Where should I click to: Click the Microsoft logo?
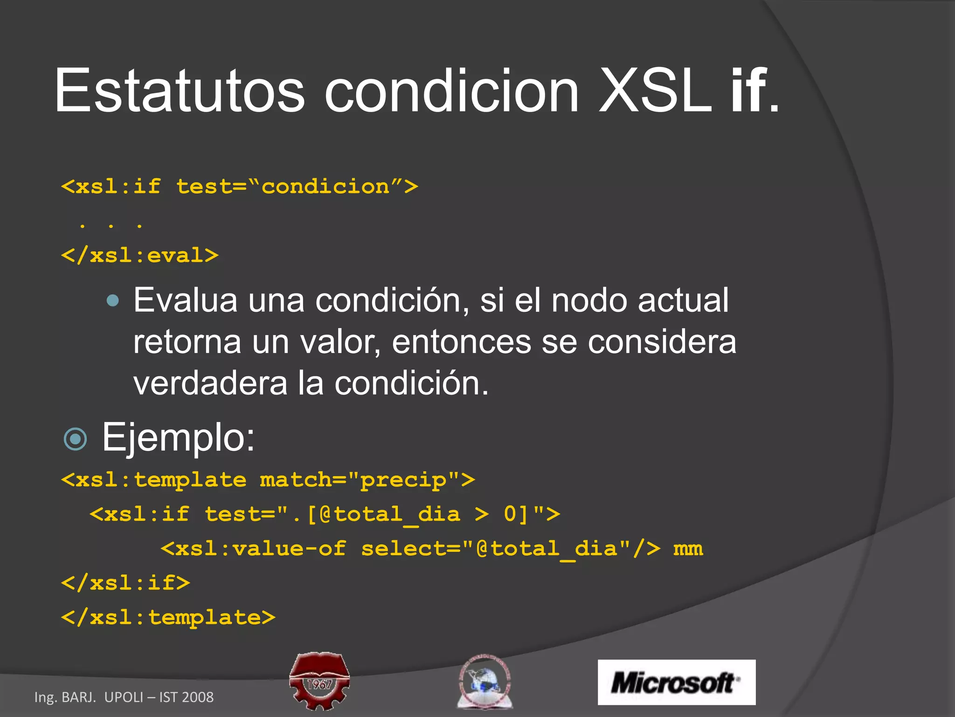676,682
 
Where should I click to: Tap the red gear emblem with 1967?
319,681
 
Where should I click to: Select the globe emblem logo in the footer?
484,682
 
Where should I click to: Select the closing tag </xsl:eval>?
140,255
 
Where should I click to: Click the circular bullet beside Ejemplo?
75,439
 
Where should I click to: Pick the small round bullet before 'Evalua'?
113,300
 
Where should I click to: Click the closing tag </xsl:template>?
168,618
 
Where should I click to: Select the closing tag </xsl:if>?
126,583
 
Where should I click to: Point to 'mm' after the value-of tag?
688,548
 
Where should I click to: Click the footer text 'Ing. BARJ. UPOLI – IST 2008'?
124,697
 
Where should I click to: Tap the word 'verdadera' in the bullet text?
210,383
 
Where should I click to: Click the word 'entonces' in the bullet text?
461,342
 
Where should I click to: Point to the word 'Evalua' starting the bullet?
185,300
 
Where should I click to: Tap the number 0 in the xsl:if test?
511,514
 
